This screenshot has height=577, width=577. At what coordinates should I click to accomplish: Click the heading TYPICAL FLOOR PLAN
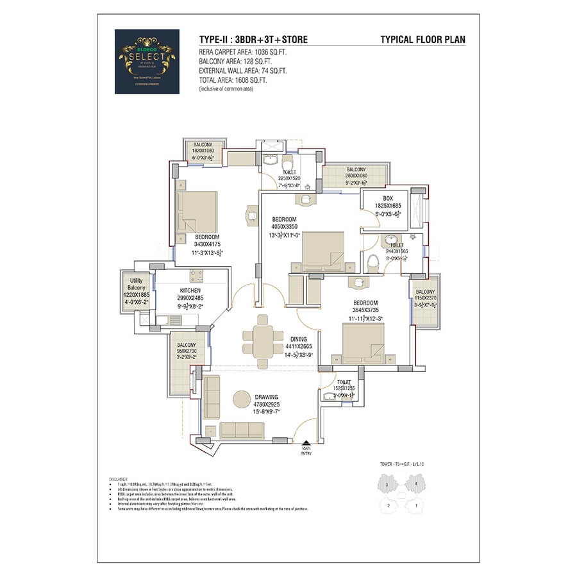coord(423,40)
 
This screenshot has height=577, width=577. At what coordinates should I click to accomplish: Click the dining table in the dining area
coord(262,337)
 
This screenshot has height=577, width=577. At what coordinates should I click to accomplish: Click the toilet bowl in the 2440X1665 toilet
coord(372,262)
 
